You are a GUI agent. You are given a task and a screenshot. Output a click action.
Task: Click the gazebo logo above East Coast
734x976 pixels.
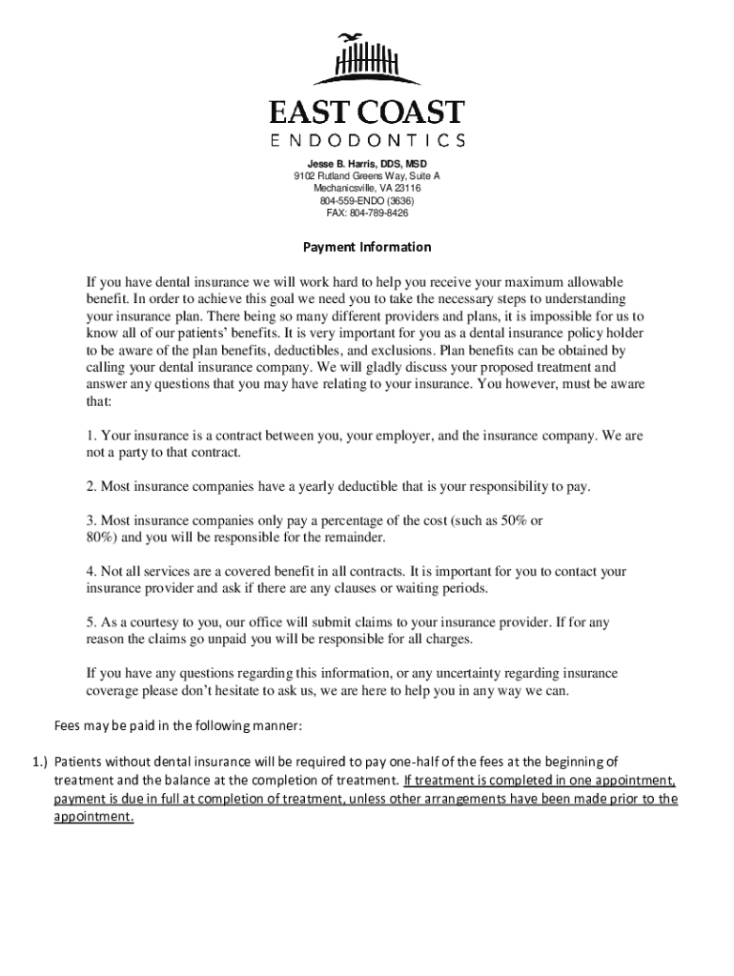[x=366, y=60]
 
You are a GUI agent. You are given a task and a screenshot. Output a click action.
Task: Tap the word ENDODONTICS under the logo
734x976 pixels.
[x=367, y=141]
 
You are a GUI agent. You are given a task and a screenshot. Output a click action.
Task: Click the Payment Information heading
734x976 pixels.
[x=367, y=247]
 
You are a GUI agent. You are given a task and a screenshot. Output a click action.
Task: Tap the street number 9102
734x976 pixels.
[x=305, y=176]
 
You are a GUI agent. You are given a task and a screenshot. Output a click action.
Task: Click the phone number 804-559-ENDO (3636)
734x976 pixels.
[x=367, y=201]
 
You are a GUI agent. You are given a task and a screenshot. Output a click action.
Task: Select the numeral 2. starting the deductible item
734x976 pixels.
[x=92, y=487]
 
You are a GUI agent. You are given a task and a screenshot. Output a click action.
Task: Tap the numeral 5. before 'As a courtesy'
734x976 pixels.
[x=92, y=622]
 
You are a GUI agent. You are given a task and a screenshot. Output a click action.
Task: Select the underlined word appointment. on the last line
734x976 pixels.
[x=93, y=817]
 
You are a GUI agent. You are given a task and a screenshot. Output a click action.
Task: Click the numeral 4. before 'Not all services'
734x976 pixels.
[x=92, y=572]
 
